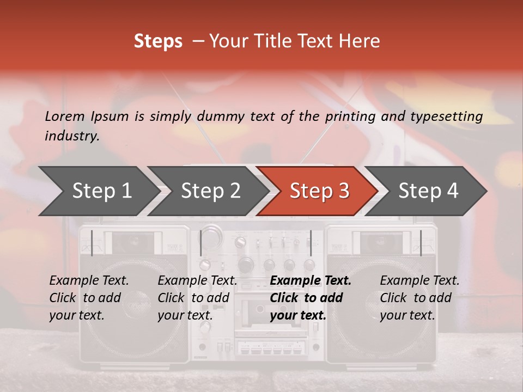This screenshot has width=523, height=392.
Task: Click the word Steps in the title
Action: [x=158, y=41]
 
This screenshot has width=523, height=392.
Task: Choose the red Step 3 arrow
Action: [x=319, y=191]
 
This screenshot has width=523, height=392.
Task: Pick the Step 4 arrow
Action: [x=428, y=191]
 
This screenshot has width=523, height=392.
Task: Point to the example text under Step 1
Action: [x=89, y=298]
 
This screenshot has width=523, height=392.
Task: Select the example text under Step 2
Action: [x=197, y=298]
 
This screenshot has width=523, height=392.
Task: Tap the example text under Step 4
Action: [x=419, y=298]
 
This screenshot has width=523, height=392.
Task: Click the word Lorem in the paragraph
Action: [x=65, y=117]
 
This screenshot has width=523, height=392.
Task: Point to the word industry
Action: [x=71, y=136]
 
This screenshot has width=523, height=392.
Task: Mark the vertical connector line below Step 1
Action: [x=92, y=243]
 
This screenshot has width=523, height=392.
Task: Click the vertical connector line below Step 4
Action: [x=421, y=243]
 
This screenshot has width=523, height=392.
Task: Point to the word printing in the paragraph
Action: [x=350, y=117]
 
